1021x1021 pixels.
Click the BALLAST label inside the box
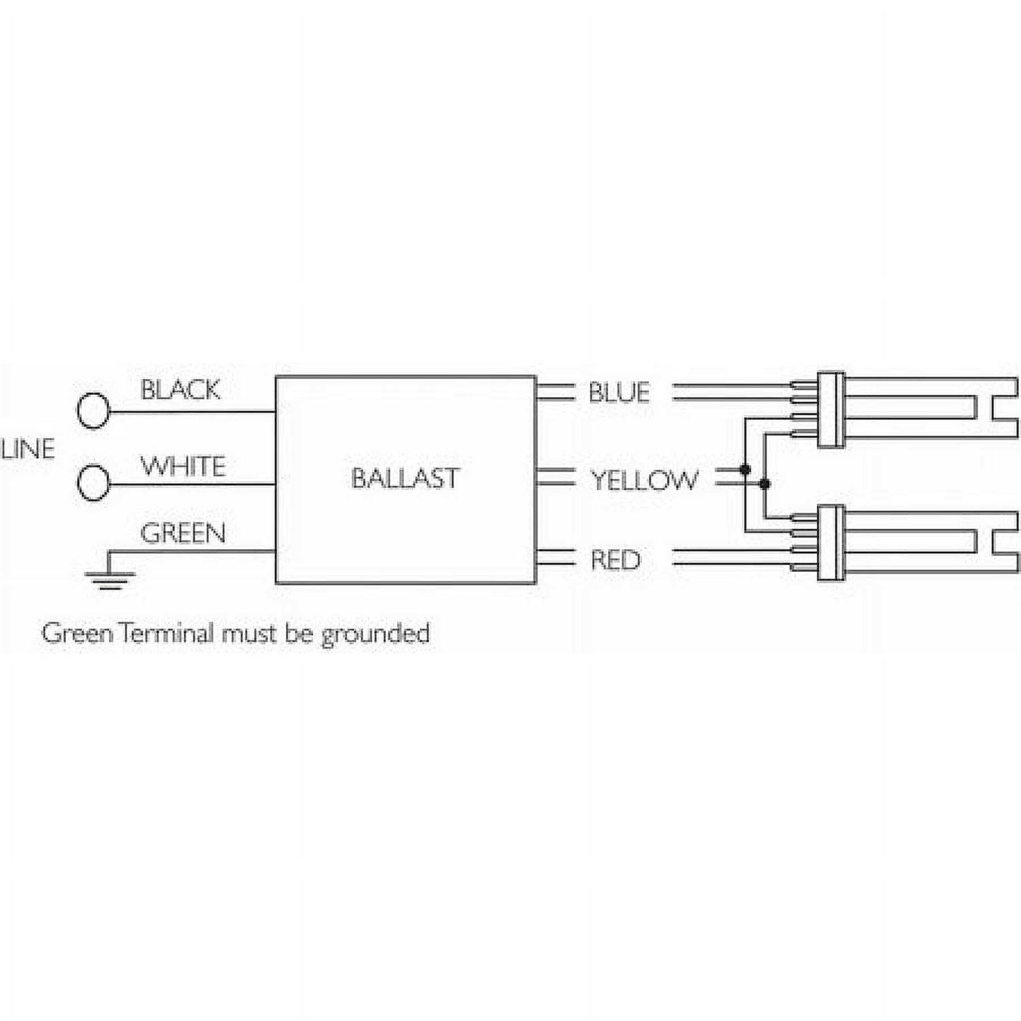[x=405, y=479]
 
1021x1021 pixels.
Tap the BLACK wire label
[x=180, y=390]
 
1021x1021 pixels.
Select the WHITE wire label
[x=182, y=467]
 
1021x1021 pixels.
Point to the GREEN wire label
[x=182, y=533]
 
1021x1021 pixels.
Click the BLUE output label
[x=619, y=393]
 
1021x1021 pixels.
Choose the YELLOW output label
[x=643, y=481]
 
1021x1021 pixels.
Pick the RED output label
[x=615, y=560]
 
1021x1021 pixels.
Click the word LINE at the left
[x=28, y=449]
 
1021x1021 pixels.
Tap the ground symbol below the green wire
[x=110, y=578]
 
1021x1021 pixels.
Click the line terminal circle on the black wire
[x=93, y=410]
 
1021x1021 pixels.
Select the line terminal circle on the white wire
[x=93, y=483]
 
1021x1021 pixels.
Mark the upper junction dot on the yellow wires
[x=745, y=470]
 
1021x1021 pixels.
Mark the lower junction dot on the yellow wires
[x=764, y=484]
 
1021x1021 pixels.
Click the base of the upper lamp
[x=830, y=410]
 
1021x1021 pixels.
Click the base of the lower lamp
[x=830, y=543]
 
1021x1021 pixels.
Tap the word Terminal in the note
[x=167, y=634]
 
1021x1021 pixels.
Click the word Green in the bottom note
[x=77, y=634]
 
